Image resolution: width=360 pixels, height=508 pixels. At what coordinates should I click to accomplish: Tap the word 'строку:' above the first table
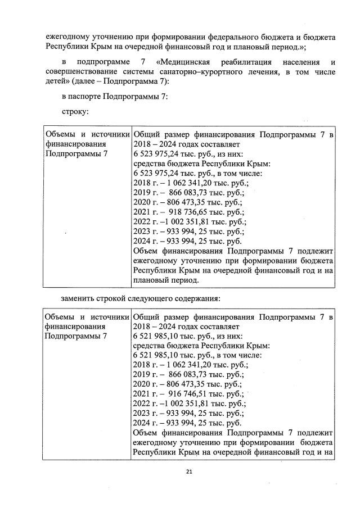coord(74,112)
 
